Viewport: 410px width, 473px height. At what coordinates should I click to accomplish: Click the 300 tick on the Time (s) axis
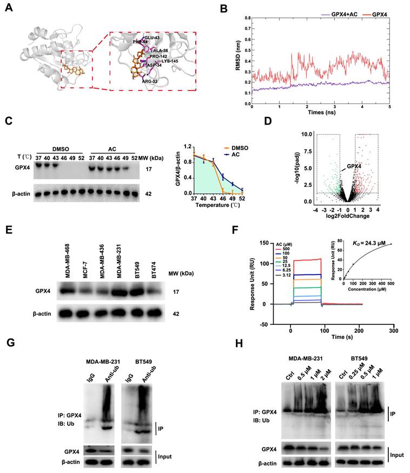click(x=393, y=330)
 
